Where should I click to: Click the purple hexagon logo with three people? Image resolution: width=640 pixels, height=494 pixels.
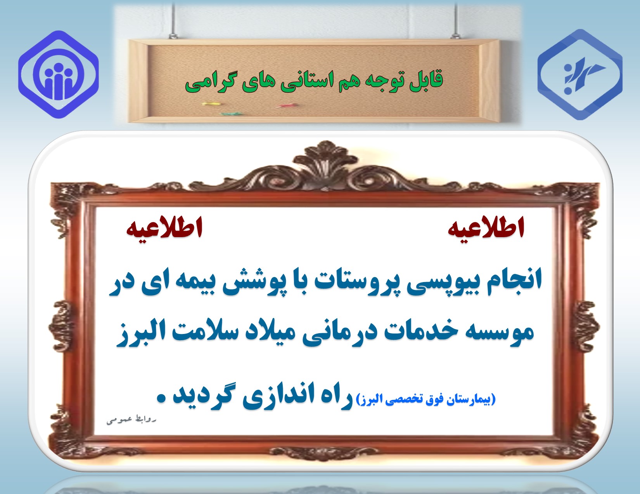point(58,74)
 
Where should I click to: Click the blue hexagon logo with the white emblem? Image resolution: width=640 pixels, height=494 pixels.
point(580,74)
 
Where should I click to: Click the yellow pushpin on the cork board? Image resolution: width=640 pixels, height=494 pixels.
point(210,103)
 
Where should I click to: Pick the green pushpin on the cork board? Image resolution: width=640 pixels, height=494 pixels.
point(231,113)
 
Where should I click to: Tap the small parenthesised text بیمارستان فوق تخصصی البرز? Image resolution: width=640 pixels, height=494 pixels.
point(426,400)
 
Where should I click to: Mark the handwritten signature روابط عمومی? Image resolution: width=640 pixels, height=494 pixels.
point(131,420)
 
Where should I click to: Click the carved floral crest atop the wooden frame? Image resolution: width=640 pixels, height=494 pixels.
point(325,165)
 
